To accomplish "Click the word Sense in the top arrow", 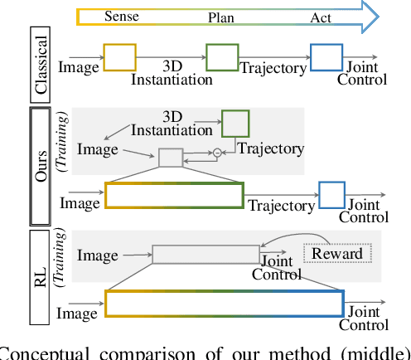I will pos(122,17).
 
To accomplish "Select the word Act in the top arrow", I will pos(322,17).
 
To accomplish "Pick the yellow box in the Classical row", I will pos(118,58).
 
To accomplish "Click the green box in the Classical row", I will pos(222,58).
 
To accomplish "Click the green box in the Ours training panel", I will pos(234,124).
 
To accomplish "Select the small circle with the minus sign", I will pos(217,152).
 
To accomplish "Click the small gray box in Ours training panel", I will pos(170,157).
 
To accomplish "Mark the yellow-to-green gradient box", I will pos(174,195).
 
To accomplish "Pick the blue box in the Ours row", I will pos(331,195).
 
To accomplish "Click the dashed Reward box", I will pos(331,253).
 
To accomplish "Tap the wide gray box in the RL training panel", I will pos(206,253).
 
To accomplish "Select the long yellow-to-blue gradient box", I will pos(225,303).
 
